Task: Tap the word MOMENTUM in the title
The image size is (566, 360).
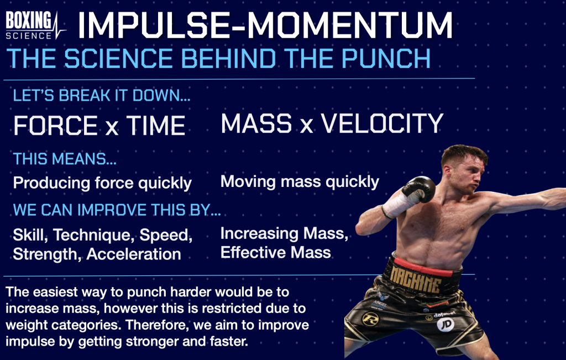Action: coord(349,25)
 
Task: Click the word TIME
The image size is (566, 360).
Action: coord(155,126)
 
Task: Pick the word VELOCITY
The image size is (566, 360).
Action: coord(382,123)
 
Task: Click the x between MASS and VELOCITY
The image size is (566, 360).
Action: coord(306,126)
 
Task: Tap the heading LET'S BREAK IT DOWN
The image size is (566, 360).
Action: coord(102,96)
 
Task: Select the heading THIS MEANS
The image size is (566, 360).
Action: coord(65,159)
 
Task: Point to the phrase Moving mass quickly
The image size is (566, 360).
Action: coord(300,181)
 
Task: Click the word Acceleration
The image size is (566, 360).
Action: coord(134,254)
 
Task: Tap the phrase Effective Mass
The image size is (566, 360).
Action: coord(275,252)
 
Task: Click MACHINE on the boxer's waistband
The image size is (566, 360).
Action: coord(416,279)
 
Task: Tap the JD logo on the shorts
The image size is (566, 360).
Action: coord(446,324)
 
